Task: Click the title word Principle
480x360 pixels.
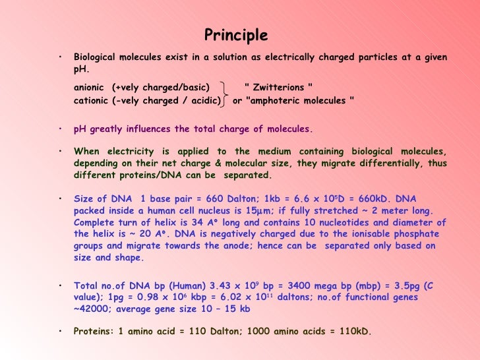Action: [x=236, y=35]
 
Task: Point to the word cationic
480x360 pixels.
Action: [x=91, y=101]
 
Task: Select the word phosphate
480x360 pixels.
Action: [x=415, y=234]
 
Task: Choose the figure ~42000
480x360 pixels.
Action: [x=88, y=309]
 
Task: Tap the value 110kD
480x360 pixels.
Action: [x=353, y=332]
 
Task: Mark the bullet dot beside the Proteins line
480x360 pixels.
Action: [x=60, y=332]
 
